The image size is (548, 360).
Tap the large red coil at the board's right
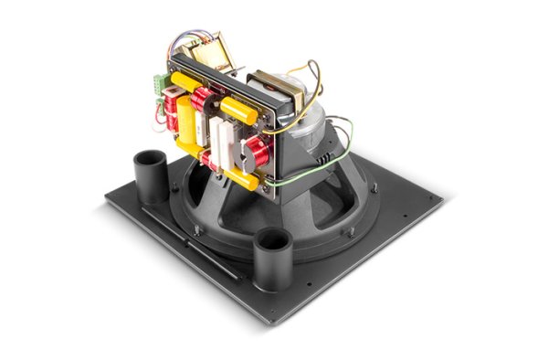(258, 151)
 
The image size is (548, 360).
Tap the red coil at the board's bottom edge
(212, 162)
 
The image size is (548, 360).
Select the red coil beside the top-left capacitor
(200, 95)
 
